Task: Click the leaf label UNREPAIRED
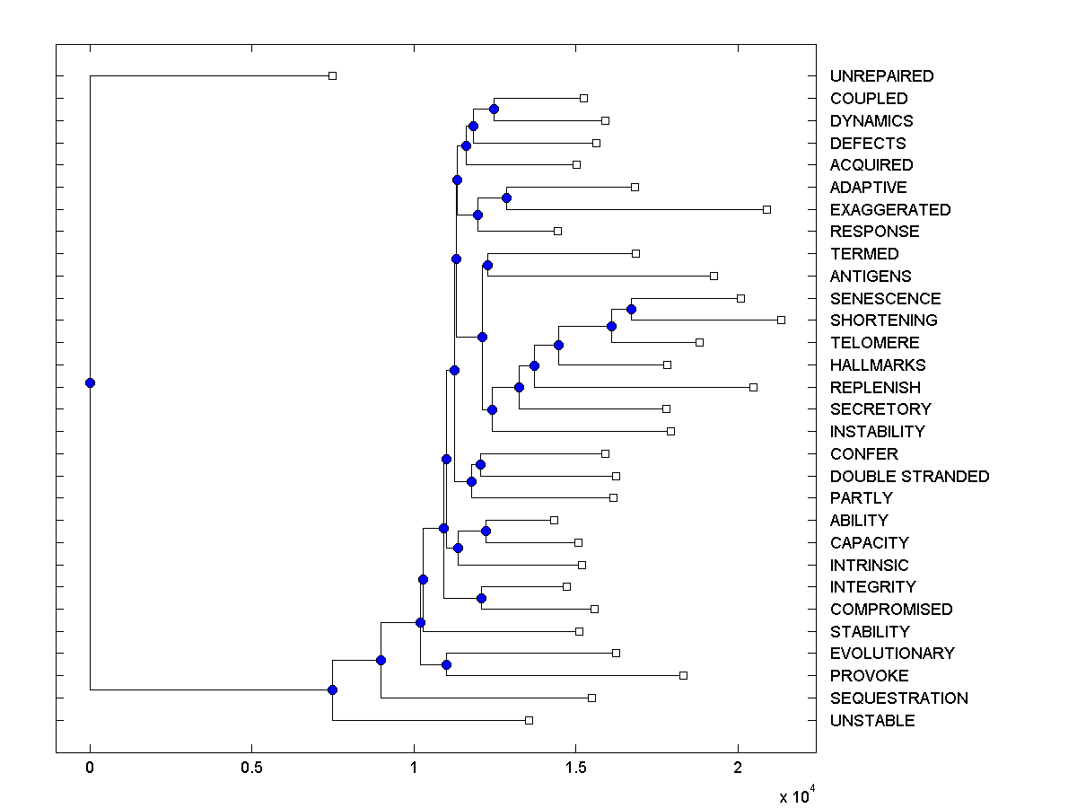(881, 76)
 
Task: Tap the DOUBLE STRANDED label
(909, 476)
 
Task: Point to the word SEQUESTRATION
(898, 698)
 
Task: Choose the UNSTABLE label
(872, 721)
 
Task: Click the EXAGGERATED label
(889, 210)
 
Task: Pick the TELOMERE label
(874, 343)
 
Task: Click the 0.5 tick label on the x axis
(251, 768)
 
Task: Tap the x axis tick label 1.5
(575, 768)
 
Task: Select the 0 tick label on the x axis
(90, 768)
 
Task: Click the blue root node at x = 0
(90, 382)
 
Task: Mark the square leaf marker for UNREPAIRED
(332, 75)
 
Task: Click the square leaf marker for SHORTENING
(781, 320)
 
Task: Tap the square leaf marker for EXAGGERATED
(766, 209)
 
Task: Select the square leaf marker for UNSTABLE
(529, 720)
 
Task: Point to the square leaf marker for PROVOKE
(683, 675)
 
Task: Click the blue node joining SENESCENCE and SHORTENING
(631, 309)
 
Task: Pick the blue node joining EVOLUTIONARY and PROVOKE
(446, 664)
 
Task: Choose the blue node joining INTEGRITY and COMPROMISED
(481, 598)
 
